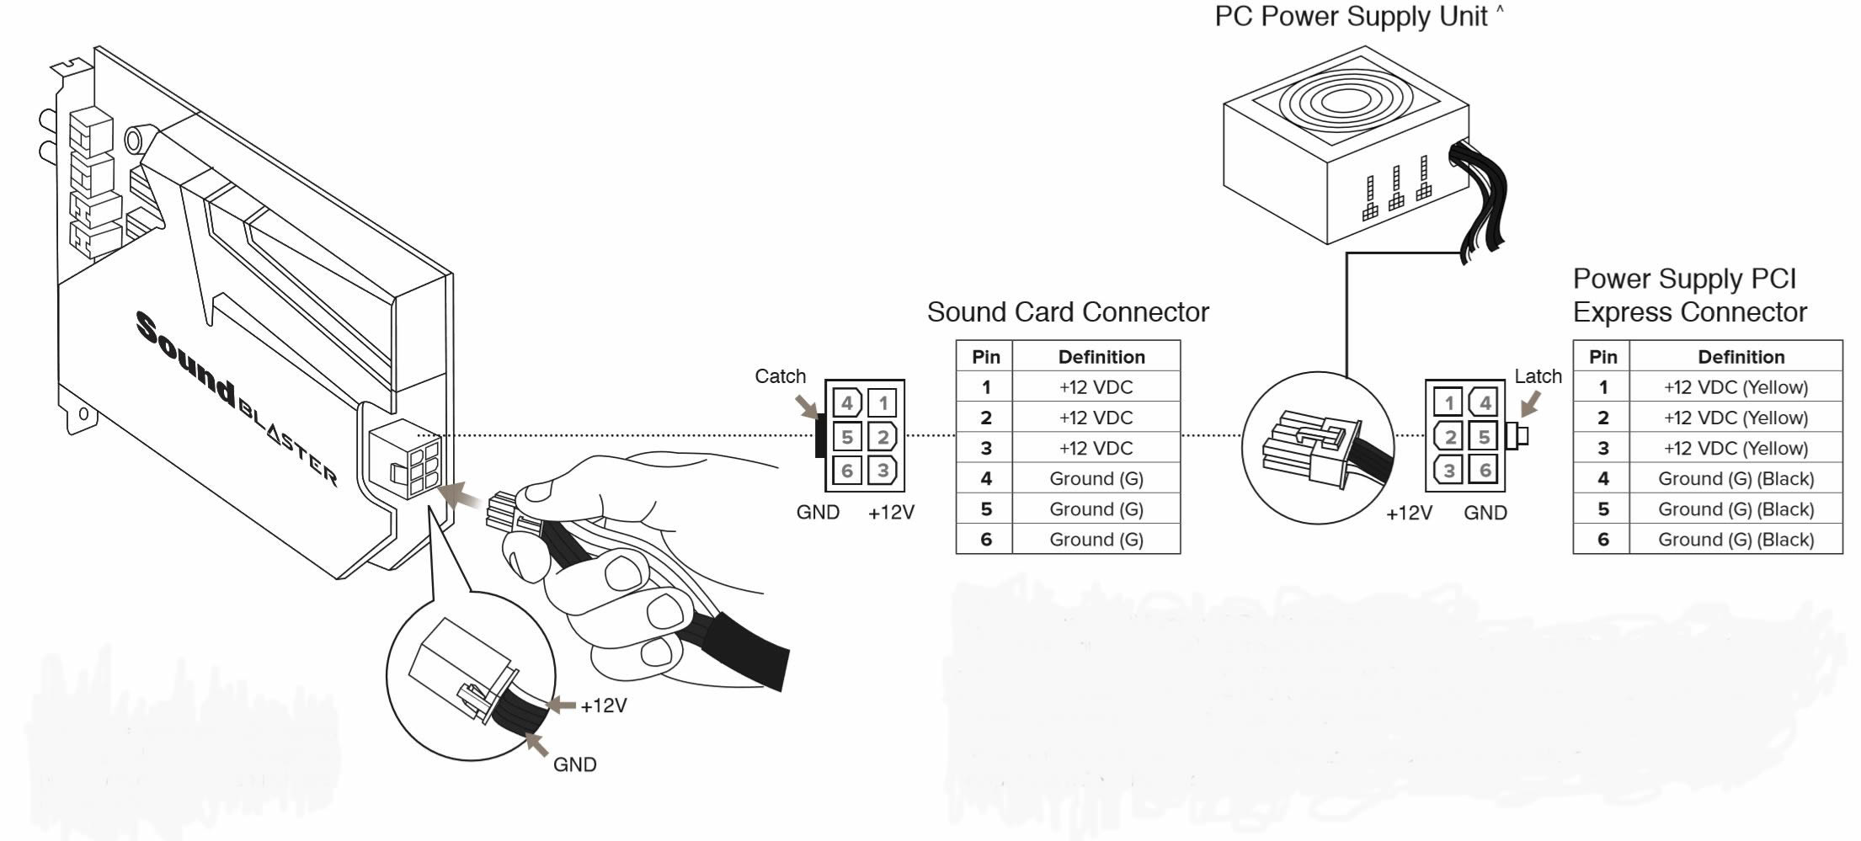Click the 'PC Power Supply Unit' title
click(x=1351, y=17)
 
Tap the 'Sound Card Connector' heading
click(x=1067, y=312)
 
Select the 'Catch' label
click(x=780, y=376)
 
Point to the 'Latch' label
click(x=1538, y=376)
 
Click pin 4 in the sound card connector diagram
click(x=847, y=403)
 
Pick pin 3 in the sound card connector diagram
click(x=883, y=470)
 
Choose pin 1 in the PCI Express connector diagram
click(x=1449, y=402)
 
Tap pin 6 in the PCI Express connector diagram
click(x=1485, y=470)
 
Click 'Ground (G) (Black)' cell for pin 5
click(x=1736, y=509)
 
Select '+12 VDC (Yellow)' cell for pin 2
click(x=1736, y=418)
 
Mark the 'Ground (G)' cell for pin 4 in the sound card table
click(x=1096, y=479)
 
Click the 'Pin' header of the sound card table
click(x=985, y=357)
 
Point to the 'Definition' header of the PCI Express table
click(x=1741, y=357)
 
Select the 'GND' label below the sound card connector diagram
click(x=818, y=513)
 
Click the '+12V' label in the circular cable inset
click(x=604, y=705)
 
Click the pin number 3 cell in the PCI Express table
click(x=1602, y=449)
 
